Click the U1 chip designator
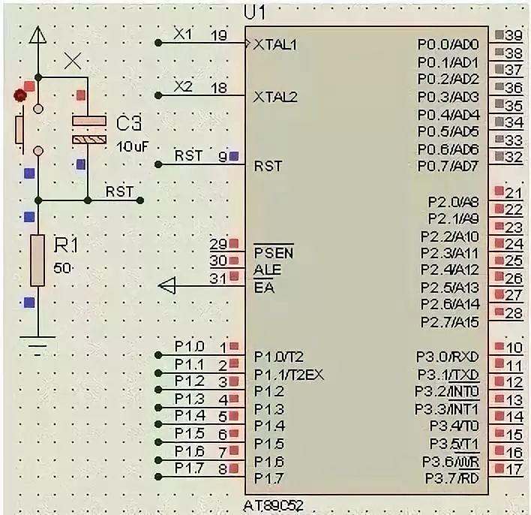click(255, 13)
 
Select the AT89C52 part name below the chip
click(273, 506)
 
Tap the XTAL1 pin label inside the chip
click(275, 44)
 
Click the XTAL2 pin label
click(275, 98)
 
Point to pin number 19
click(219, 35)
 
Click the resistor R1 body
click(37, 261)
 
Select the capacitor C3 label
click(129, 123)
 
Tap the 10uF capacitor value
click(133, 147)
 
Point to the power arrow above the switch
click(38, 35)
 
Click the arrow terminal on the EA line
click(167, 286)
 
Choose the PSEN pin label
click(274, 253)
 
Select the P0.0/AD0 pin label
click(448, 44)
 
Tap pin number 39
click(514, 35)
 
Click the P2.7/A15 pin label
click(450, 322)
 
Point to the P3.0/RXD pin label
click(447, 357)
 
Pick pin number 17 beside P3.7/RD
click(514, 469)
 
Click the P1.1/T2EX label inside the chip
click(289, 375)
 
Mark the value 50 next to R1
click(62, 268)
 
